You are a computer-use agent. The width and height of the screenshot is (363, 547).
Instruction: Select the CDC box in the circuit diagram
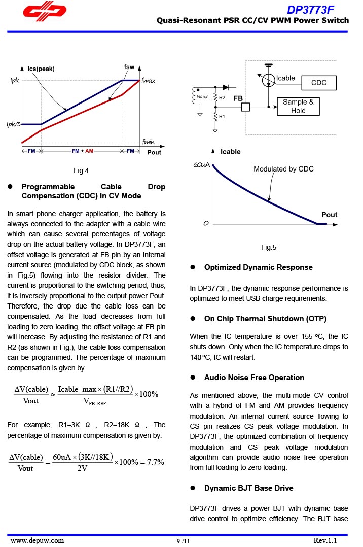pyautogui.click(x=318, y=83)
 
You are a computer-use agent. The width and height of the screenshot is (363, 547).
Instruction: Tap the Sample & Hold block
pyautogui.click(x=298, y=106)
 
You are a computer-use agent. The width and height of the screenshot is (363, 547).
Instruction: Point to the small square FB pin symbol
pyautogui.click(x=245, y=107)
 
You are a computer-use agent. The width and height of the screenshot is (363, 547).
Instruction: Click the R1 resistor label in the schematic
pyautogui.click(x=222, y=117)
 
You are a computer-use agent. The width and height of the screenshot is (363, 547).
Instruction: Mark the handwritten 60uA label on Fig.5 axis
pyautogui.click(x=202, y=165)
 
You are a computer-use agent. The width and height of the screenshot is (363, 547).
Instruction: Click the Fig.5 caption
pyautogui.click(x=269, y=247)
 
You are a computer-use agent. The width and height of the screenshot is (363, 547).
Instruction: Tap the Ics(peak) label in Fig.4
pyautogui.click(x=41, y=69)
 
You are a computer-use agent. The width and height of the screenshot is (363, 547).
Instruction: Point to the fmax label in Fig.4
pyautogui.click(x=149, y=81)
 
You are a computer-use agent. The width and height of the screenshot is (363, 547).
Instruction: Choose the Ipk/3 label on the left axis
pyautogui.click(x=14, y=124)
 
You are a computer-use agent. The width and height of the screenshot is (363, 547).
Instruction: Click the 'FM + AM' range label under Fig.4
pyautogui.click(x=83, y=151)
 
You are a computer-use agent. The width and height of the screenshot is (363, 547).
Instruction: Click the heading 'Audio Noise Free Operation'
pyautogui.click(x=254, y=378)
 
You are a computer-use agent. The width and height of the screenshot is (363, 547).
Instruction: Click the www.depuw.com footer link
pyautogui.click(x=38, y=540)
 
